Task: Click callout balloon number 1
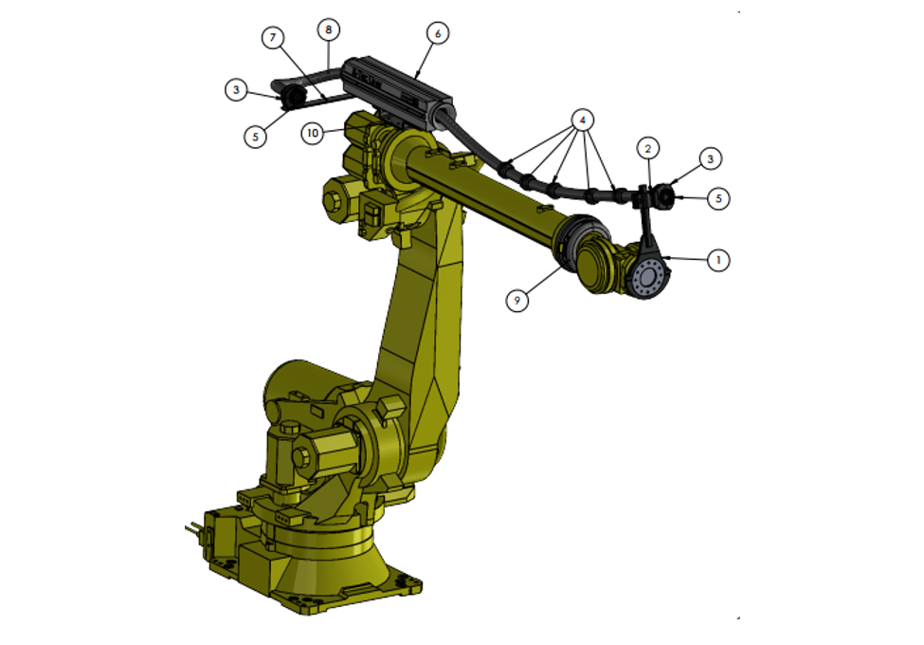(x=717, y=260)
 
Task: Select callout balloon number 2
(x=648, y=149)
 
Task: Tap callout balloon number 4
(x=582, y=120)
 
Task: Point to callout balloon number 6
(x=437, y=33)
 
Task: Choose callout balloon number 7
(x=272, y=38)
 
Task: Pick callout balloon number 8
(x=328, y=29)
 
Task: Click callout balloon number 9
(x=516, y=301)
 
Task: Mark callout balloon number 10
(x=313, y=133)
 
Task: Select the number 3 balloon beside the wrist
(x=710, y=158)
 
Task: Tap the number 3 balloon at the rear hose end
(x=236, y=89)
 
